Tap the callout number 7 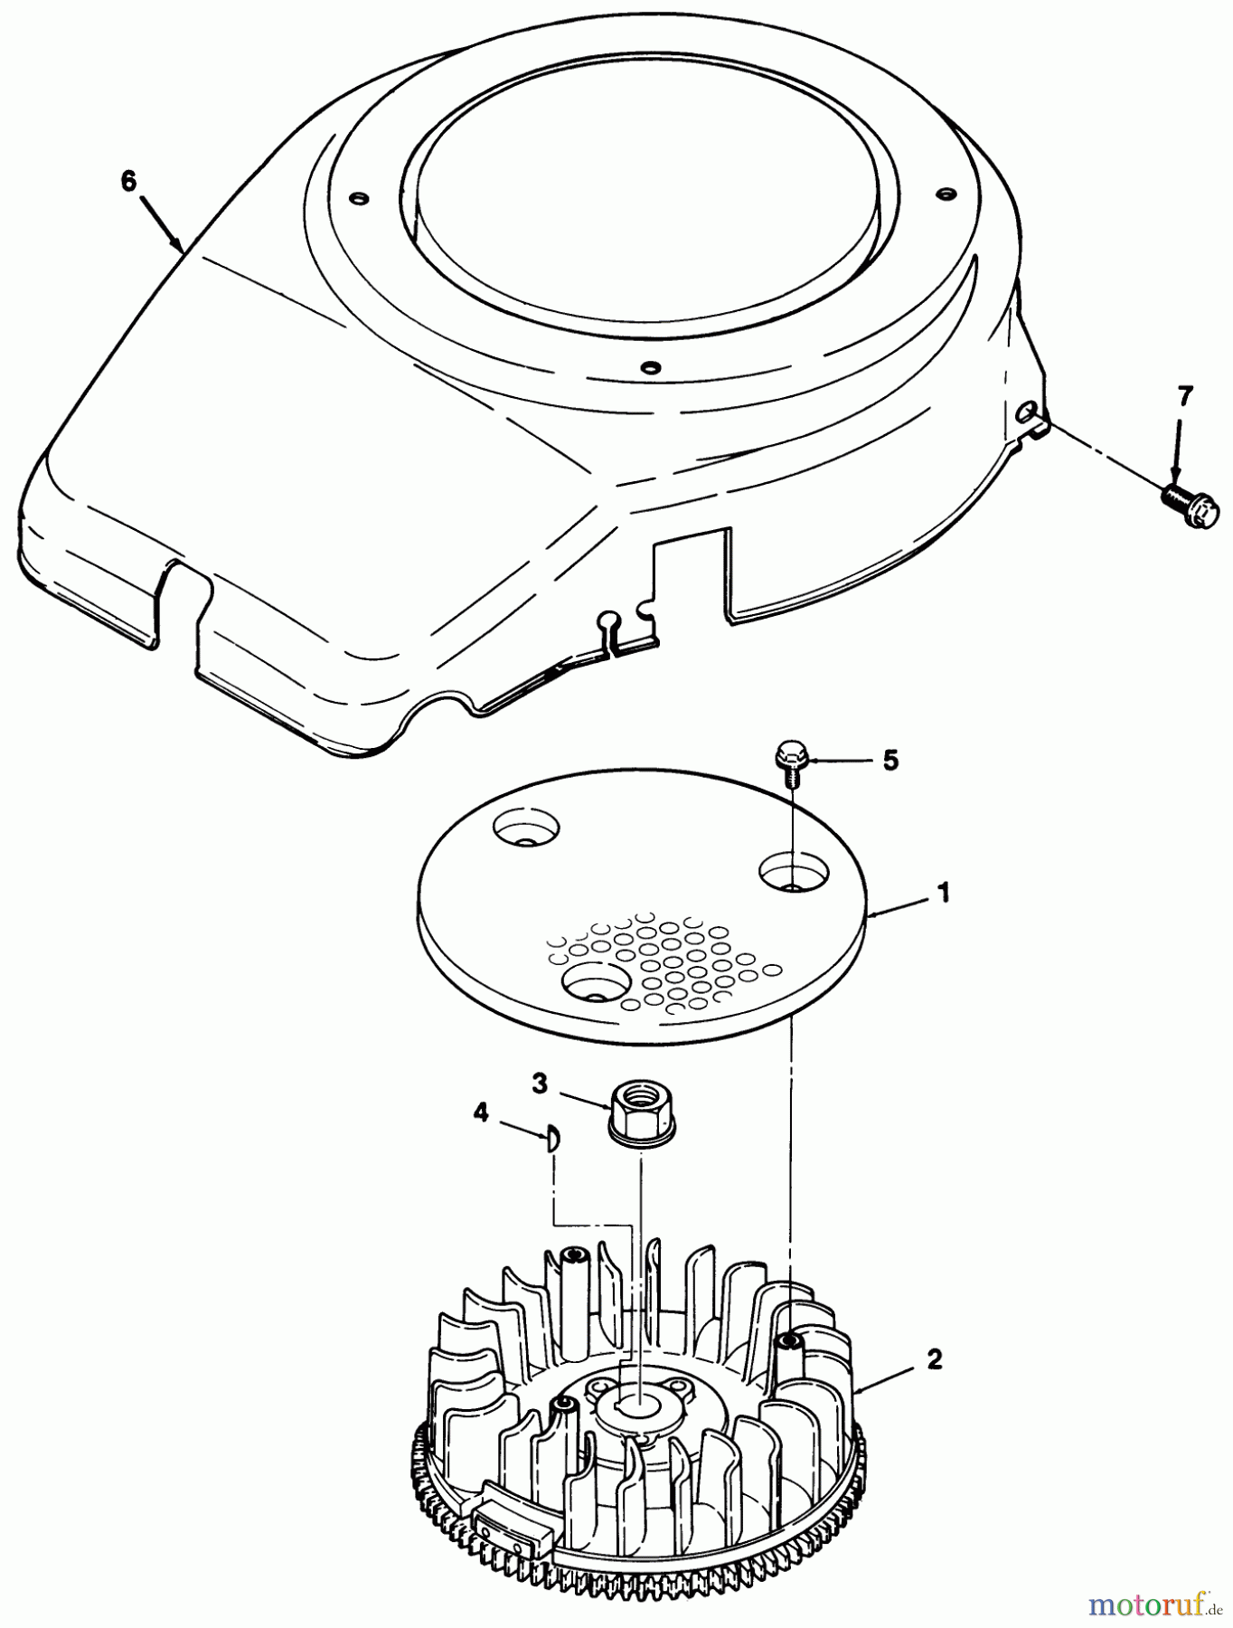[x=1184, y=396]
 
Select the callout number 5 [x=890, y=761]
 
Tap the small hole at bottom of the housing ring [x=647, y=367]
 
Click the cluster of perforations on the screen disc [x=669, y=964]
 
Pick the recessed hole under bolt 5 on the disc [x=793, y=871]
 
